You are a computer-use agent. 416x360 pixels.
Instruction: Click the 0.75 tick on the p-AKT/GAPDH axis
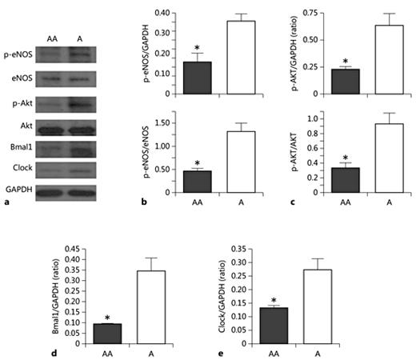click(x=314, y=14)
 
